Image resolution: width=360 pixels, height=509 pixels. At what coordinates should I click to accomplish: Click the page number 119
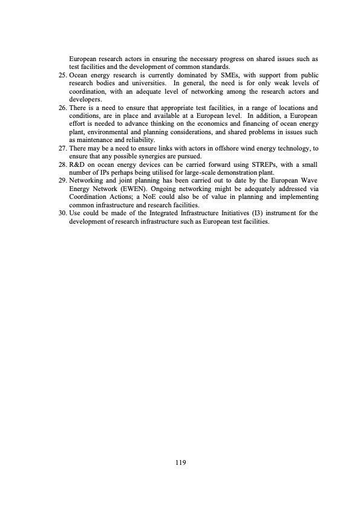(180, 463)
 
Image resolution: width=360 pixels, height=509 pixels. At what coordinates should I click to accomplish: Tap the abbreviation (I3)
(246, 213)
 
